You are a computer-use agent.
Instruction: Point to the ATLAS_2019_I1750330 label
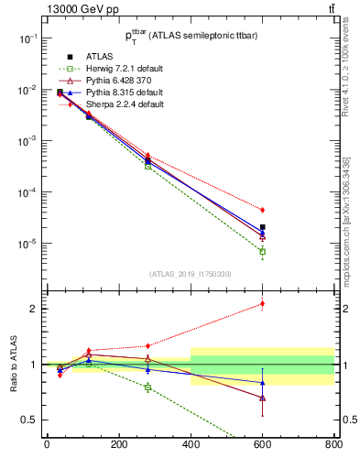point(190,274)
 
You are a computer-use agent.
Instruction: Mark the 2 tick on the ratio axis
point(37,309)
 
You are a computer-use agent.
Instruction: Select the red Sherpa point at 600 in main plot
point(262,210)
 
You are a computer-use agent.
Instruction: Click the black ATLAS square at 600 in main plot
point(262,227)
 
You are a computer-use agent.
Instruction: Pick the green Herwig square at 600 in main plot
point(262,252)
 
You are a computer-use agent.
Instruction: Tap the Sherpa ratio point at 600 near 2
point(262,303)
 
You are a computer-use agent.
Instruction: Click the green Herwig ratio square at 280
point(147,387)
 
